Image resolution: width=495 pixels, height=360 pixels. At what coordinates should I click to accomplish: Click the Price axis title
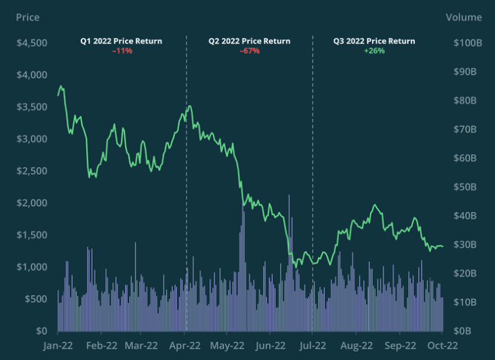coord(28,17)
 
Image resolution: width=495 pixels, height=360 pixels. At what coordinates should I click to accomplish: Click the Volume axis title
coord(463,17)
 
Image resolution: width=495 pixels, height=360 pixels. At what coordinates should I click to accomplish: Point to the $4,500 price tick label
coord(31,43)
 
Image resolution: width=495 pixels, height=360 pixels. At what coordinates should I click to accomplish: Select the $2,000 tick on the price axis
coord(31,203)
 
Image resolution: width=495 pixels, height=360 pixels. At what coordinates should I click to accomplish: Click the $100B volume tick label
coord(465,43)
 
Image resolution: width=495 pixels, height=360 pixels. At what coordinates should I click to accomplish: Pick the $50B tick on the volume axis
coord(468,186)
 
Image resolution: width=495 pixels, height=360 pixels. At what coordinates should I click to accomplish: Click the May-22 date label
coord(227,346)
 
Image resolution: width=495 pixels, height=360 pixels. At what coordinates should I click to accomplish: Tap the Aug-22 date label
coord(356,346)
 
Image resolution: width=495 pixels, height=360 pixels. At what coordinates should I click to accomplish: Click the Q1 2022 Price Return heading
coord(121,41)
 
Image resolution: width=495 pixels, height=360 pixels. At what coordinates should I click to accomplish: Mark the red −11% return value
coord(122,50)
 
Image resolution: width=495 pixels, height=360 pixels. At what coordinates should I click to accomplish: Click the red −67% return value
coord(250,50)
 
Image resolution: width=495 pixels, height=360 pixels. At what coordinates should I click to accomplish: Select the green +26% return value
coord(374,50)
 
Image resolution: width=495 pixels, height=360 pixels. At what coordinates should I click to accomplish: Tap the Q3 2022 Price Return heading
coord(374,41)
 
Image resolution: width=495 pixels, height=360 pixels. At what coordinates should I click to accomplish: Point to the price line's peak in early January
coord(61,86)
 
